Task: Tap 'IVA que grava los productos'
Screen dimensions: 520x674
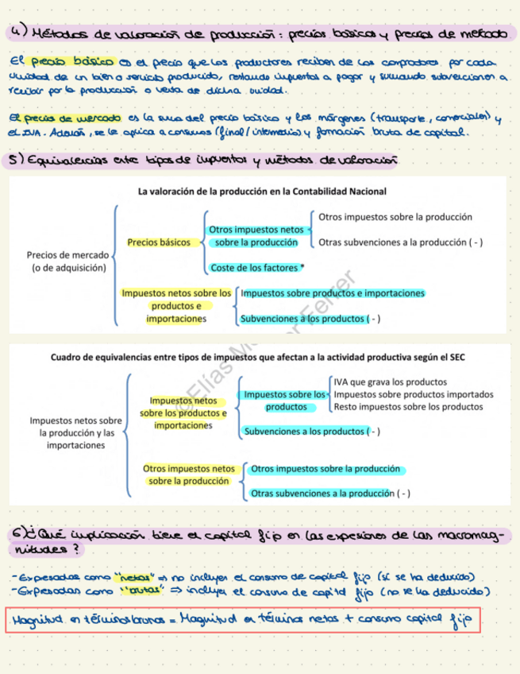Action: click(390, 382)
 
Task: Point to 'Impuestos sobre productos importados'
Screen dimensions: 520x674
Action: click(413, 394)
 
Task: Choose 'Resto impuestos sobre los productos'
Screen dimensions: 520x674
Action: click(408, 407)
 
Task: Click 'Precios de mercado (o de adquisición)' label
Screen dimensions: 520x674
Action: click(67, 261)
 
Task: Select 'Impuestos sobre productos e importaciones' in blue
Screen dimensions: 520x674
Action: click(333, 293)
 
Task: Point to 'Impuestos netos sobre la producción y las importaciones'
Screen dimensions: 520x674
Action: click(77, 433)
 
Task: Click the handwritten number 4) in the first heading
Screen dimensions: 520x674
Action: click(17, 33)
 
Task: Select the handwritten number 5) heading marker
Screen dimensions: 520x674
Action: click(16, 161)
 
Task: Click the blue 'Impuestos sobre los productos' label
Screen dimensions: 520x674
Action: click(285, 401)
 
